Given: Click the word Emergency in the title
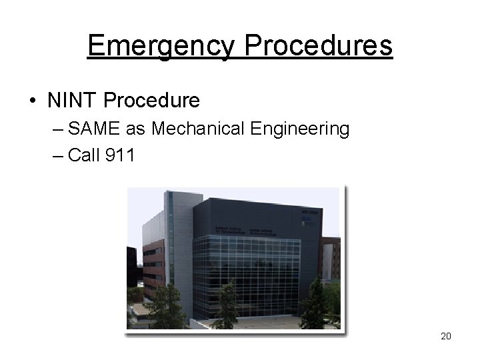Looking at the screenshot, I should pyautogui.click(x=161, y=47).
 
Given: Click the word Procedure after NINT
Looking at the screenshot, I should pyautogui.click(x=152, y=101).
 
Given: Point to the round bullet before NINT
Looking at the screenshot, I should pyautogui.click(x=33, y=101).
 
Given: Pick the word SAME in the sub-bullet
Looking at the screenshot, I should pyautogui.click(x=92, y=129).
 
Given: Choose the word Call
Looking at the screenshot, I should pyautogui.click(x=83, y=156).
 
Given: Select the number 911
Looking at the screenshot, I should pyautogui.click(x=120, y=156).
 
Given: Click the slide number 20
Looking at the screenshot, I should pyautogui.click(x=446, y=336).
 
